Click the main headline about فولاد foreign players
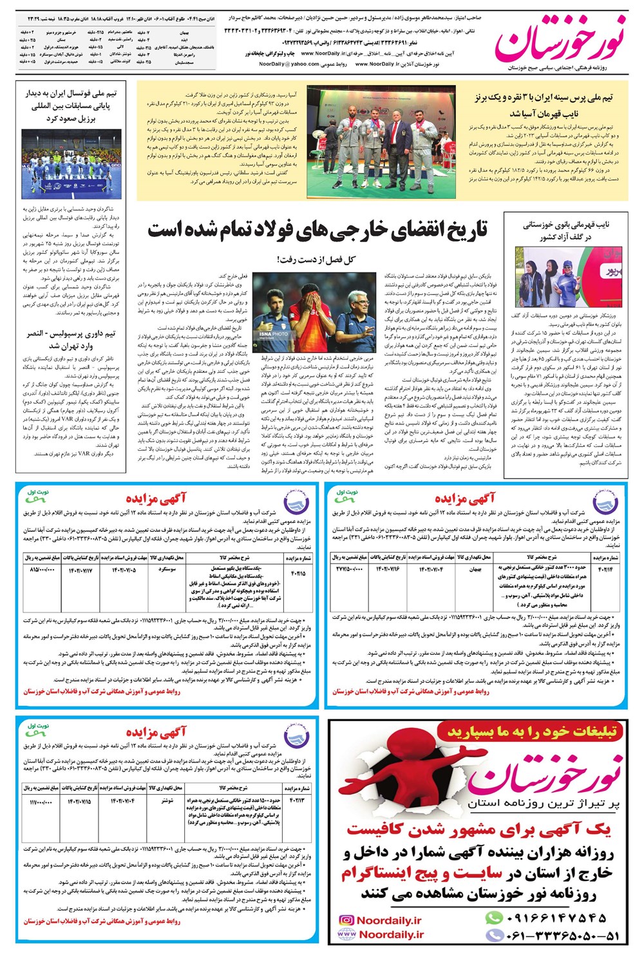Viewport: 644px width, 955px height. (317, 231)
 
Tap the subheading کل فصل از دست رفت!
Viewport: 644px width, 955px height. (316, 260)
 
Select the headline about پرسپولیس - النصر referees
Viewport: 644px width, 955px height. (71, 339)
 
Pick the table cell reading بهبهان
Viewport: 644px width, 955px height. (475, 569)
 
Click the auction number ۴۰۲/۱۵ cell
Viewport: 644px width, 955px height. (298, 569)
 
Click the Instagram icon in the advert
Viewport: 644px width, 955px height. (346, 921)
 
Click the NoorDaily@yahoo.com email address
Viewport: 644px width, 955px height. (289, 64)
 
